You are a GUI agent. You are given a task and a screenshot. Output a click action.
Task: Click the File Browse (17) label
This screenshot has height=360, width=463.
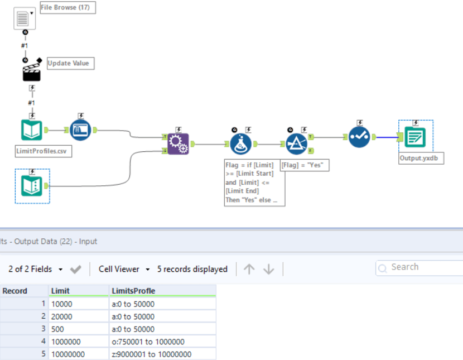tap(67, 8)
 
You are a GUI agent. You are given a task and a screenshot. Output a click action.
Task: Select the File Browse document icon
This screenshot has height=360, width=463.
tap(23, 18)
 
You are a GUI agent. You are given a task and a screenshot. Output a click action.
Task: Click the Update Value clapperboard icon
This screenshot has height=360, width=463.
tap(32, 71)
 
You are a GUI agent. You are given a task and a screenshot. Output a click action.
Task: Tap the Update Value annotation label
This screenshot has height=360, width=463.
tap(70, 63)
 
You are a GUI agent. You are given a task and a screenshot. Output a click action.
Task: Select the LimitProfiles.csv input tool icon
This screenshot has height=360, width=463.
tap(32, 130)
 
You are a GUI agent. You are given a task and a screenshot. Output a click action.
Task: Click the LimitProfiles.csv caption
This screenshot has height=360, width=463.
tap(44, 151)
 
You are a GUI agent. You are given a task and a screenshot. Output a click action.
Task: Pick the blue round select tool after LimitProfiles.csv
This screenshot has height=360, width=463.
tap(81, 130)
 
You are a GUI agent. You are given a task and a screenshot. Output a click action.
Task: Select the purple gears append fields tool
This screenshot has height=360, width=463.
tap(178, 144)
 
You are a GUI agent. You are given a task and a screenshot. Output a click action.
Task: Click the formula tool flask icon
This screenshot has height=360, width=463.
tap(241, 144)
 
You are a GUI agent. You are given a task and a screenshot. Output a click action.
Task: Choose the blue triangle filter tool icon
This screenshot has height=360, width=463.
tap(297, 144)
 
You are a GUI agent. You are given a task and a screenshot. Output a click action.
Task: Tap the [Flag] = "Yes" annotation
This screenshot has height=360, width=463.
tap(305, 165)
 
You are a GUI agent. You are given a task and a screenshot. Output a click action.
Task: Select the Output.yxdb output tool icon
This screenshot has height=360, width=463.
tap(415, 137)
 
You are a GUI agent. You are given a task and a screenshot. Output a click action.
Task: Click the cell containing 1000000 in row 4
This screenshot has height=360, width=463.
tap(78, 342)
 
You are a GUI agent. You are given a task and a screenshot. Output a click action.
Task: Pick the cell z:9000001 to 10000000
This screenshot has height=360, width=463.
tap(162, 354)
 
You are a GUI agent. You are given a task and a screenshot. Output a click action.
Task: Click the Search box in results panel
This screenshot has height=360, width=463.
tap(418, 267)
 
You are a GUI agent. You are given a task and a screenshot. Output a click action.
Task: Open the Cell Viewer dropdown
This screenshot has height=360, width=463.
tap(124, 269)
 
